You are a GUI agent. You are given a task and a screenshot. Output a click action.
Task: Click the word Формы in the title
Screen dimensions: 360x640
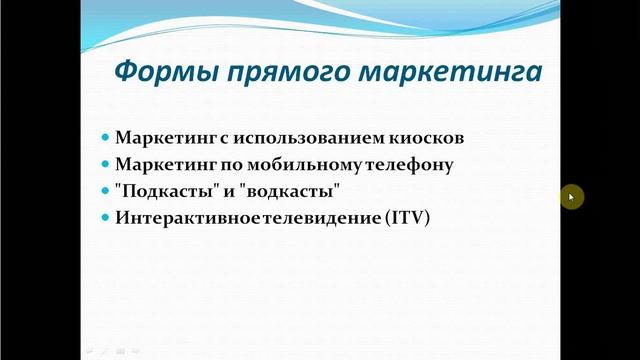[x=159, y=73]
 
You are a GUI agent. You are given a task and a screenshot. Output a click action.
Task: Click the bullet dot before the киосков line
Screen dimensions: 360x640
[x=106, y=136]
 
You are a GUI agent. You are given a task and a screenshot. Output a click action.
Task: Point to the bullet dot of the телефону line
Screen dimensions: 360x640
[x=106, y=163]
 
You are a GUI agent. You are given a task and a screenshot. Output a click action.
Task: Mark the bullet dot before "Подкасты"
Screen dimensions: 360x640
[x=106, y=190]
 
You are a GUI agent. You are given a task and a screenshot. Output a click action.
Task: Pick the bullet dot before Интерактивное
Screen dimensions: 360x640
[x=106, y=216]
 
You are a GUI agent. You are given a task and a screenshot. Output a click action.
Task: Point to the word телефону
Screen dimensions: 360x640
[x=409, y=163]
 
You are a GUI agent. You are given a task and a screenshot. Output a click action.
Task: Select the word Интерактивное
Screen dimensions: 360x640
[x=190, y=216]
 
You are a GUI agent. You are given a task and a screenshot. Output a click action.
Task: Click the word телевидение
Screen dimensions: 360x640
[x=323, y=216]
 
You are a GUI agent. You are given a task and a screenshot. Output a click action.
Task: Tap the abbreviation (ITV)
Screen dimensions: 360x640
[x=405, y=216]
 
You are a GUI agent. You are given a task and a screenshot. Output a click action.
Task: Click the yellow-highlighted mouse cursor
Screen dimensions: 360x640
[x=571, y=197]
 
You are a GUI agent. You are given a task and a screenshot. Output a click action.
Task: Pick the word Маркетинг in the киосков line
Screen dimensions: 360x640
[x=163, y=136]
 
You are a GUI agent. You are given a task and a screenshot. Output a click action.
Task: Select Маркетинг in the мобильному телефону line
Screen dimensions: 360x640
[x=163, y=163]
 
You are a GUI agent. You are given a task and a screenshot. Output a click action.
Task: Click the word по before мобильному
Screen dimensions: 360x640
[x=231, y=163]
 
